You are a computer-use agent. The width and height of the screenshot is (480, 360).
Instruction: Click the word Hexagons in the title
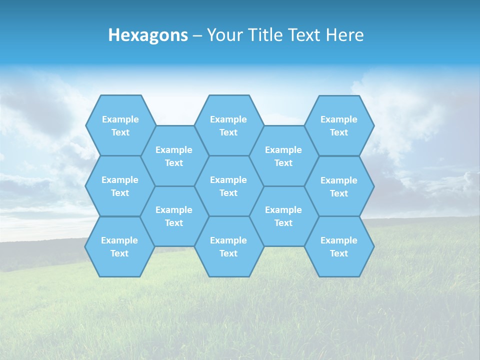click(x=148, y=35)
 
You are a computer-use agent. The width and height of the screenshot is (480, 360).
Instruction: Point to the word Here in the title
click(x=345, y=35)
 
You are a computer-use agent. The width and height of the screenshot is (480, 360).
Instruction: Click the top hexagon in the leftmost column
click(x=120, y=125)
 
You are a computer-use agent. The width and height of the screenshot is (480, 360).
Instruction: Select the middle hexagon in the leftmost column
click(x=120, y=186)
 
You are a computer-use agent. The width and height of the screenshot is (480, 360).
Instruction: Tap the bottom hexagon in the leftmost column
click(x=119, y=246)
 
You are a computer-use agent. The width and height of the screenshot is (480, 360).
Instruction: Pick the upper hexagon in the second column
click(x=174, y=156)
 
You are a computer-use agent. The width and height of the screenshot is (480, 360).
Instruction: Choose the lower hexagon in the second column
click(x=174, y=216)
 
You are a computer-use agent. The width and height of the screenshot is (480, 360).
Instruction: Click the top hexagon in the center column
click(x=228, y=125)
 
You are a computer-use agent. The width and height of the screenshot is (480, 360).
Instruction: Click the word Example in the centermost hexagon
click(x=228, y=180)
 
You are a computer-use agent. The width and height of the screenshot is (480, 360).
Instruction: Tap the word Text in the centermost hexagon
click(x=228, y=193)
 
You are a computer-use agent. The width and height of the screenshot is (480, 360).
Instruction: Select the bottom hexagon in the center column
click(x=228, y=246)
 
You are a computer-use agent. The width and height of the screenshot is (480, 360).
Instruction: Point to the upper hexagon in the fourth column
click(x=283, y=156)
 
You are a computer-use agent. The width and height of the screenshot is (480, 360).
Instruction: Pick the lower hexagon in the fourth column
click(x=283, y=216)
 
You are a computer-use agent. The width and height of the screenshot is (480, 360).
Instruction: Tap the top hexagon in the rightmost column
click(x=339, y=125)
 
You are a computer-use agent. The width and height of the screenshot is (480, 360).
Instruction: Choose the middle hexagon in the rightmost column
click(x=339, y=186)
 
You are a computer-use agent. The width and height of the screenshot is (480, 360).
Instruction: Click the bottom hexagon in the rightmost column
click(x=339, y=246)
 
